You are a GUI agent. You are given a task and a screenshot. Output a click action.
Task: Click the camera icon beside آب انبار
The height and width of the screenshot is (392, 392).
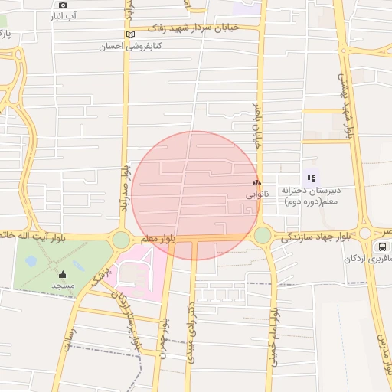point(64,5)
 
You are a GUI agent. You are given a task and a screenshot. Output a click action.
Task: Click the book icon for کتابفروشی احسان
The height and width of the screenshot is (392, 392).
point(130,34)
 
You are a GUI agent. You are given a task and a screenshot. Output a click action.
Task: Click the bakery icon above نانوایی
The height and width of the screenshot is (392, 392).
point(256,183)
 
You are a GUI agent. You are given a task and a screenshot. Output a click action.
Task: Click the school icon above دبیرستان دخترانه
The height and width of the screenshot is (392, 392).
point(311,178)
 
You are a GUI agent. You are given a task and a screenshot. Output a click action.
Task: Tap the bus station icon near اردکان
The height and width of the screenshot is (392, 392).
point(381,247)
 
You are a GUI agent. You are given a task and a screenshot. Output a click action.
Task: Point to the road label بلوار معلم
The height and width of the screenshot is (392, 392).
point(158,239)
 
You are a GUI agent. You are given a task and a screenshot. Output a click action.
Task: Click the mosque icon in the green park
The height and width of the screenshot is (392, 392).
point(63,273)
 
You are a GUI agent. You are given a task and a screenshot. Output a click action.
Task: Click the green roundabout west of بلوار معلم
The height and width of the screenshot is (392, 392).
point(121,240)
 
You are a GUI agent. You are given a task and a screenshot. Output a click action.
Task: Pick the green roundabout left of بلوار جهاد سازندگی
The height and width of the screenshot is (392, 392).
point(263,235)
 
